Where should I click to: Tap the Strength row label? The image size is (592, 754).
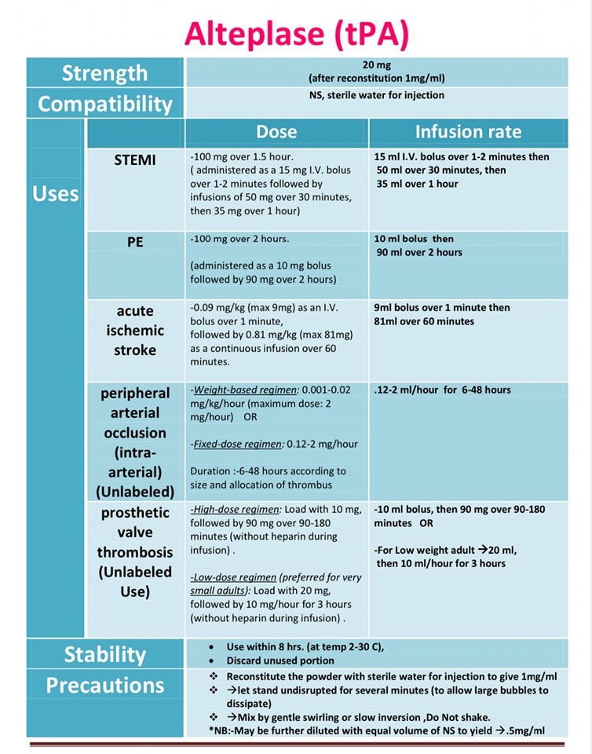(104, 73)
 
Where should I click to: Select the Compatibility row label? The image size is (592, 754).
(104, 104)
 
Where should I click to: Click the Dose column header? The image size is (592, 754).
(276, 131)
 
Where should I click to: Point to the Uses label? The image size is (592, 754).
(56, 193)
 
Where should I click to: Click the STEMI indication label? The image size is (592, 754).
(134, 159)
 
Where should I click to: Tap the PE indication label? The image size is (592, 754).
(135, 242)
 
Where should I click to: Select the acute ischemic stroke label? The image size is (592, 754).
(134, 331)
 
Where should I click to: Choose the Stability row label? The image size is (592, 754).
(104, 654)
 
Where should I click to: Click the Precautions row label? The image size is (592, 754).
(104, 685)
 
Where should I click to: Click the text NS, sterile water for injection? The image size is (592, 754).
(376, 95)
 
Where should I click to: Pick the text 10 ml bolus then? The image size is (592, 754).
(415, 239)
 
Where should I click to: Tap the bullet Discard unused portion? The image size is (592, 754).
(276, 661)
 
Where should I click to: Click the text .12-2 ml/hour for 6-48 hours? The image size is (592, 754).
(442, 390)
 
